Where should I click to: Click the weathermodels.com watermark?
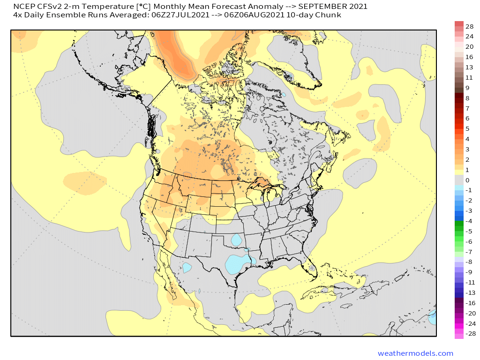click(x=415, y=353)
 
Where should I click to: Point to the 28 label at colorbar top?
click(x=470, y=26)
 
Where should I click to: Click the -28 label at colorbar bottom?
click(x=470, y=334)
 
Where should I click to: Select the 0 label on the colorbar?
click(x=467, y=180)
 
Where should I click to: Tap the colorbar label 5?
click(x=467, y=128)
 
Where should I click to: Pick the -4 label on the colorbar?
click(x=469, y=221)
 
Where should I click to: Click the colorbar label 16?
click(x=470, y=57)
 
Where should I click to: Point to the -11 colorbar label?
click(x=470, y=282)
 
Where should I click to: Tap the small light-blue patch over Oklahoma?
click(x=237, y=240)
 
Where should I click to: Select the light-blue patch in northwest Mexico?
click(x=187, y=268)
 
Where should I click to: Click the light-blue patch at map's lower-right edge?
click(x=432, y=318)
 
